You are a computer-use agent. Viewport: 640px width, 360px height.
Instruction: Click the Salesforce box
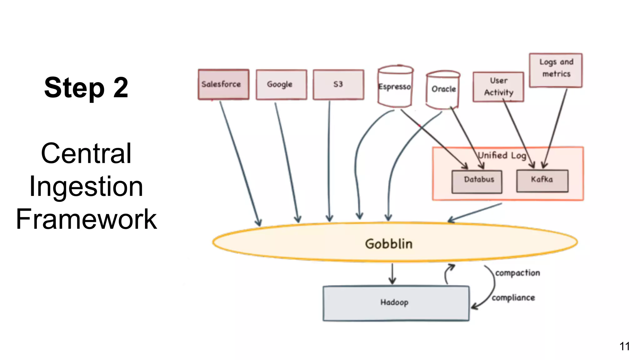point(223,84)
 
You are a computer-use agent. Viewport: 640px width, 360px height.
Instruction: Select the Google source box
point(281,84)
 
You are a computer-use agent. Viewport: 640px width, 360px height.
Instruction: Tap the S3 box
point(338,84)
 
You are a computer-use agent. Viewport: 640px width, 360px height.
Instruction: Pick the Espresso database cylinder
point(395,87)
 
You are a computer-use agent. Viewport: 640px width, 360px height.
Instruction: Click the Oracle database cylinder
point(443,89)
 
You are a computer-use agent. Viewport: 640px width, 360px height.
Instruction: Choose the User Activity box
point(498,87)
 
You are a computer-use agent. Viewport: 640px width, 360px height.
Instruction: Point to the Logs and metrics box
point(556,70)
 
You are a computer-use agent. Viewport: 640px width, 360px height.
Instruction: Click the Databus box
point(477,181)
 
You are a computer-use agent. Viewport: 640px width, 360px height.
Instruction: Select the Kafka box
point(542,181)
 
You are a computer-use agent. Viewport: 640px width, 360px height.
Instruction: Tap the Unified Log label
point(502,155)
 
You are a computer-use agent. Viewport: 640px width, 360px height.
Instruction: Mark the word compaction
point(517,273)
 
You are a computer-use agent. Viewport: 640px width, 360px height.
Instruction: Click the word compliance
point(513,298)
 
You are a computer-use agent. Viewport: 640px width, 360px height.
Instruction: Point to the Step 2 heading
point(86,88)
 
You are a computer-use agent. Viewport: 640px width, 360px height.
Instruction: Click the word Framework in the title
point(86,219)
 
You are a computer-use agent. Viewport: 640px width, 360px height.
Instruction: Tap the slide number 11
point(624,346)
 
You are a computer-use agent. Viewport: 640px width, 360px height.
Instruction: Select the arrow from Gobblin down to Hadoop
point(392,274)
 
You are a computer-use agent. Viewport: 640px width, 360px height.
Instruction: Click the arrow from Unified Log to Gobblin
point(475,212)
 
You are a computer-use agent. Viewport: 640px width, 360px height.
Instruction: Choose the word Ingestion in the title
point(86,187)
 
